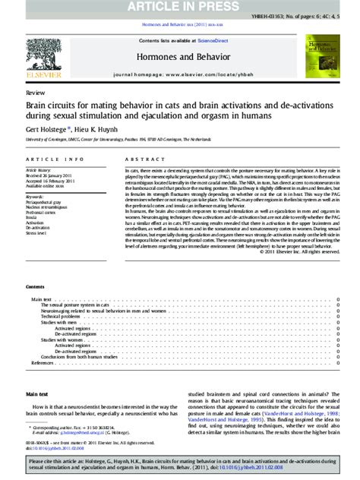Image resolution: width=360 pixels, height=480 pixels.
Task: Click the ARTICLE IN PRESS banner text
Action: pyautogui.click(x=180, y=7)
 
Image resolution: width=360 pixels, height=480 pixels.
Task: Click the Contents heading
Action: pyautogui.click(x=35, y=287)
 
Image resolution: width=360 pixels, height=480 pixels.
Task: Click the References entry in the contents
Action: pyautogui.click(x=43, y=363)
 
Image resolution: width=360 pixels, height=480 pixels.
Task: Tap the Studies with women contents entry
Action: pyautogui.click(x=62, y=339)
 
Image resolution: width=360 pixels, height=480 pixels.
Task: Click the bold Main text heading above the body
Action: pyautogui.click(x=37, y=394)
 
